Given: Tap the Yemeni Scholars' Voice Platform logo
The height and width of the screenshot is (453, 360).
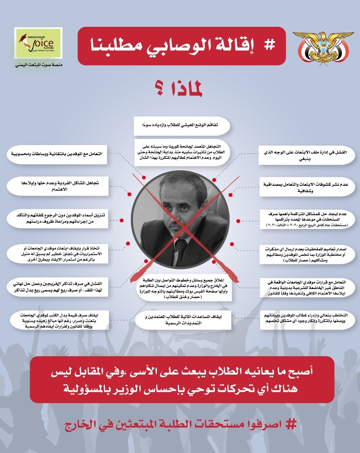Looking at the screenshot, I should (38, 42).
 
